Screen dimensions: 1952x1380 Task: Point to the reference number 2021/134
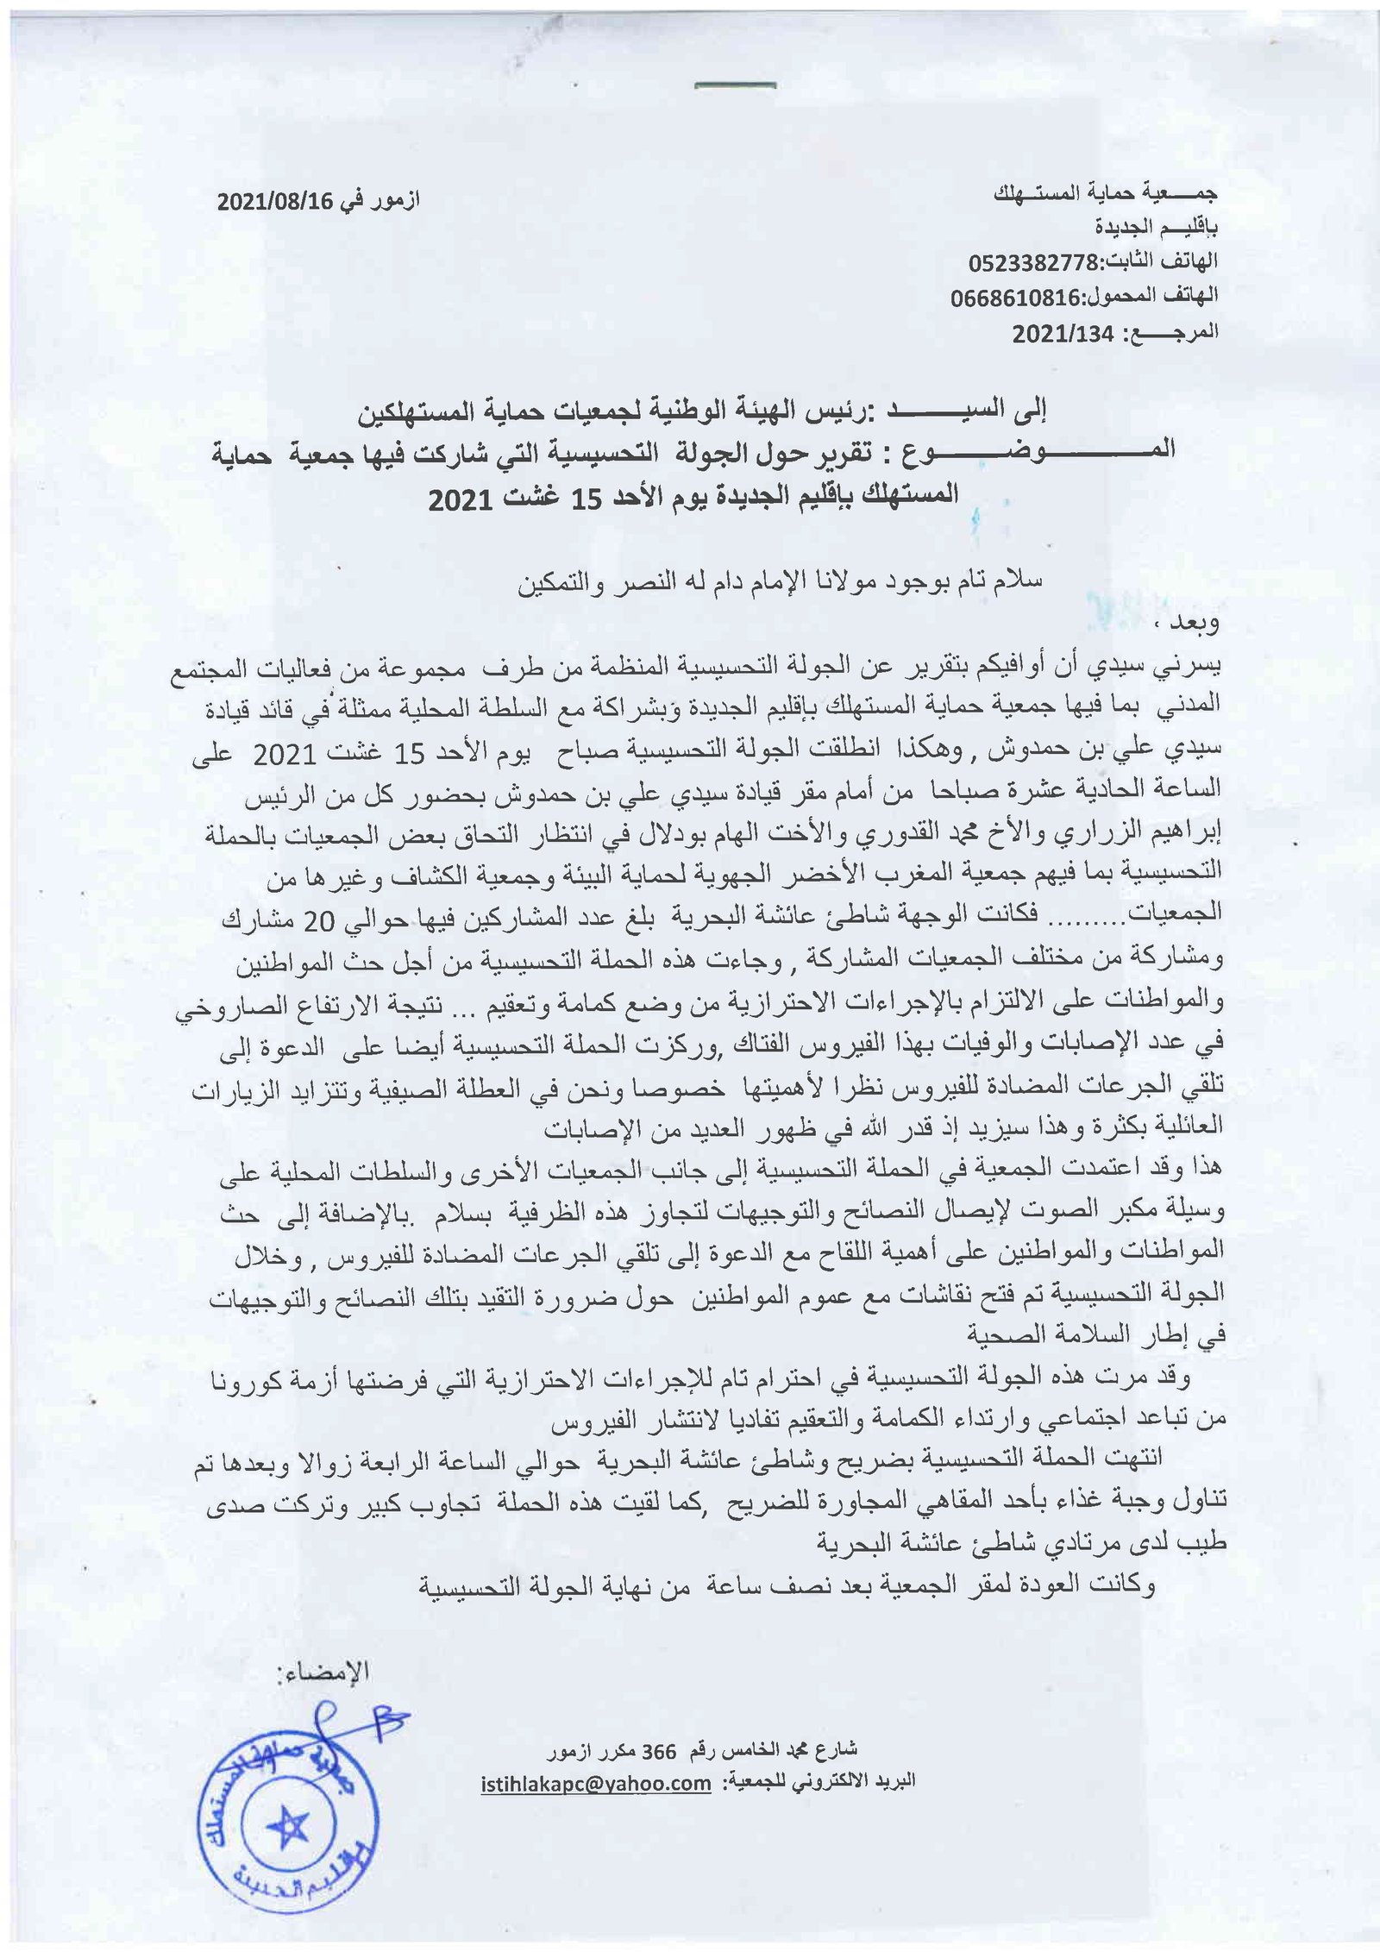1063,335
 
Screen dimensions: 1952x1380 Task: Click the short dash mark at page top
735,85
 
